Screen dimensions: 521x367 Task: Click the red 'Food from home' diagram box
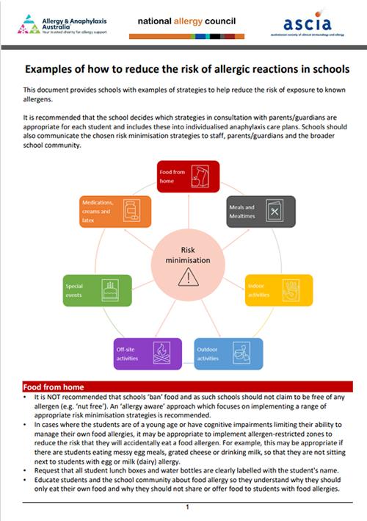coord(189,176)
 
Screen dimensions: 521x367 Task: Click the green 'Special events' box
coord(98,290)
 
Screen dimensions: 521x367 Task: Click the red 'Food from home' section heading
coord(54,387)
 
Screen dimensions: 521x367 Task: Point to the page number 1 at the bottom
coord(188,507)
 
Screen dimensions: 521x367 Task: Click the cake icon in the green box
coord(111,291)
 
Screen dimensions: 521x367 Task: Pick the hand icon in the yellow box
coord(291,290)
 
